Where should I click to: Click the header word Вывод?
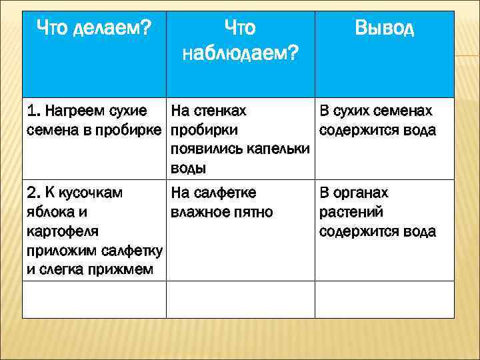pos(384,28)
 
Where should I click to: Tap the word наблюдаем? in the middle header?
pos(240,53)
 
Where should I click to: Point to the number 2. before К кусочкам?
pos(34,193)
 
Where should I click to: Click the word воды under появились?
pos(189,169)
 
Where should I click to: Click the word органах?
pos(363,193)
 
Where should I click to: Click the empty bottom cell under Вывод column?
pos(384,299)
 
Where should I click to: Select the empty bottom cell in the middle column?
pos(240,299)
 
